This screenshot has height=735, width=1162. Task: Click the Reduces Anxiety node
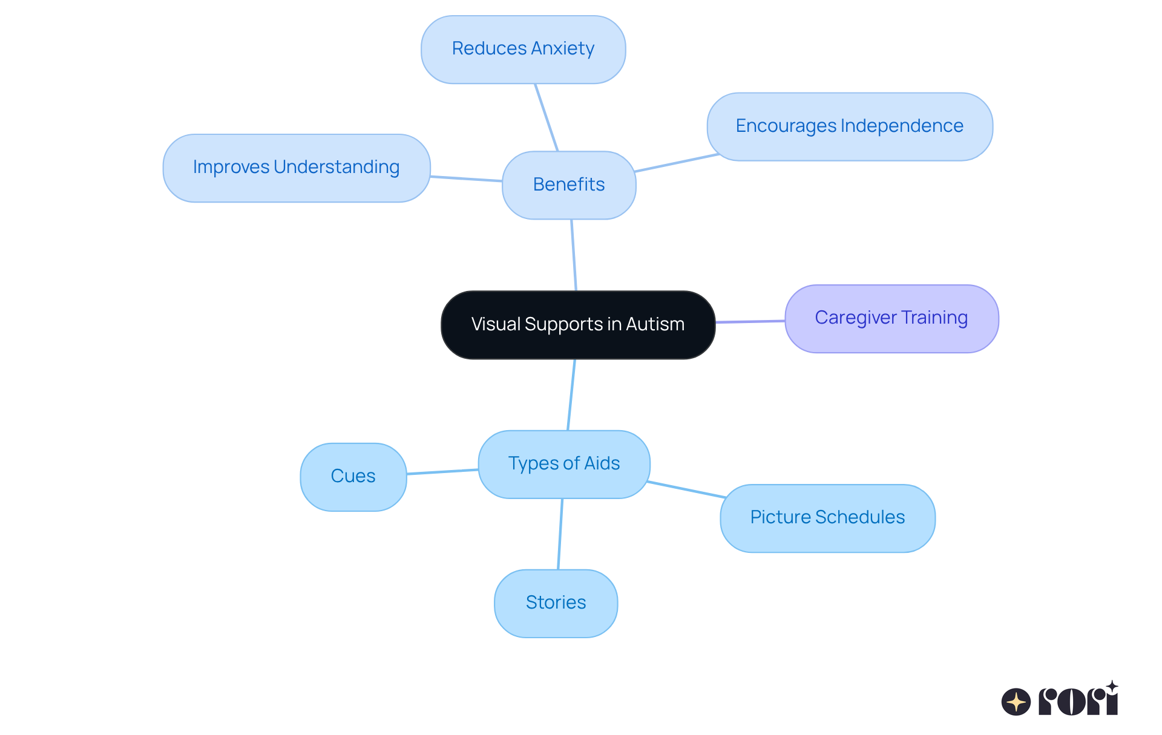[x=523, y=49]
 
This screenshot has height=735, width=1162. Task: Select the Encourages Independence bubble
[x=849, y=126]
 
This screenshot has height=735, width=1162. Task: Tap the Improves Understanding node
[x=296, y=168]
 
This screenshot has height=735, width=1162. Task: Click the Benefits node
[x=568, y=185]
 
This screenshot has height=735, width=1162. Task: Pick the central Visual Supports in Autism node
[x=577, y=325]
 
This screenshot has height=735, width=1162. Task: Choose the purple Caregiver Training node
[x=891, y=318]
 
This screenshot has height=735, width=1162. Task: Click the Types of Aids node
[x=563, y=464]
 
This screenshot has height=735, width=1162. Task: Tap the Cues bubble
[x=353, y=477]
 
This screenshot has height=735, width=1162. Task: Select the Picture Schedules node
[x=827, y=518]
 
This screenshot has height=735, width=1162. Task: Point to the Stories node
[x=556, y=603]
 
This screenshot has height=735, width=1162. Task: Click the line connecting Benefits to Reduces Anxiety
[x=546, y=117]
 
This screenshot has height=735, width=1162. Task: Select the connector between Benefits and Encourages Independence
[x=677, y=163]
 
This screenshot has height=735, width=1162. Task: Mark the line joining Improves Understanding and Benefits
[x=466, y=178]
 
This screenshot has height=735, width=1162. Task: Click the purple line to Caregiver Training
[x=750, y=321]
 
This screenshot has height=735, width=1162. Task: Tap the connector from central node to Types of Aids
[x=571, y=394]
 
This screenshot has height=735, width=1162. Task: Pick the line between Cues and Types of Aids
[x=442, y=471]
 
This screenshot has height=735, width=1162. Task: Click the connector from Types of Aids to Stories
[x=560, y=534]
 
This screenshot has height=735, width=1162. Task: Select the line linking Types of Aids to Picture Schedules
[x=686, y=489]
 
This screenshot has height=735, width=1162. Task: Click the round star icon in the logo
[x=1016, y=702]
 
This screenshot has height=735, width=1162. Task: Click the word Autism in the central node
[x=655, y=325]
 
